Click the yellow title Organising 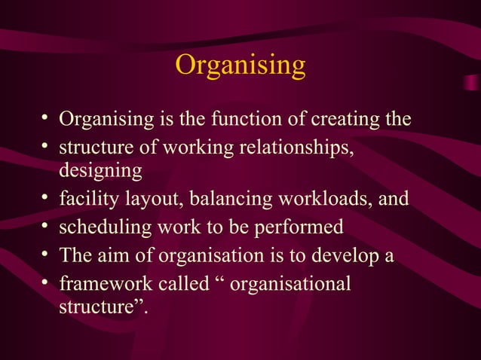point(240,65)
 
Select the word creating point(342,119)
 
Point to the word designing point(100,171)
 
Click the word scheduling point(102,227)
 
